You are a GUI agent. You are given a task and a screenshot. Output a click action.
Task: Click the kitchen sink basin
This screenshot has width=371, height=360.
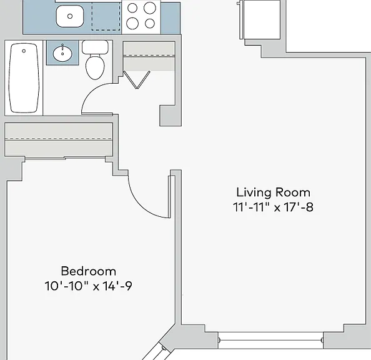tap(70, 16)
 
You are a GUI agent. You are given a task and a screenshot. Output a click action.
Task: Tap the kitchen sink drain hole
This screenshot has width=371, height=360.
tap(70, 16)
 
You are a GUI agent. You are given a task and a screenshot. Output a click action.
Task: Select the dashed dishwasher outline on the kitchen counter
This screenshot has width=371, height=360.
tap(106, 17)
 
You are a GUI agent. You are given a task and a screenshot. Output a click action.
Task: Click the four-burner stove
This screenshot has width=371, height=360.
tap(141, 17)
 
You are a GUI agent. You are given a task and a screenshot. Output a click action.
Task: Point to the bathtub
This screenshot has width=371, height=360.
tap(24, 78)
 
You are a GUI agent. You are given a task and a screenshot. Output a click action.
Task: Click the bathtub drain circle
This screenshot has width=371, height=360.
tap(24, 51)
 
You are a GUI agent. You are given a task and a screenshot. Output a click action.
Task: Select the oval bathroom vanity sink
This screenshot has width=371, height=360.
tap(62, 53)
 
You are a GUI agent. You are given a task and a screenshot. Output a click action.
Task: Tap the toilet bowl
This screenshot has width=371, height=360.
tap(95, 67)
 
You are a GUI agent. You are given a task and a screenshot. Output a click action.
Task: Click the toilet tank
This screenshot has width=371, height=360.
tap(95, 47)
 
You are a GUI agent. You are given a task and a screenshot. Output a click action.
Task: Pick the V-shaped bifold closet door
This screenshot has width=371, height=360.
tap(137, 80)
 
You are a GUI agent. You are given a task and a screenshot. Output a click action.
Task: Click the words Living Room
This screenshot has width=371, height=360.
tap(274, 192)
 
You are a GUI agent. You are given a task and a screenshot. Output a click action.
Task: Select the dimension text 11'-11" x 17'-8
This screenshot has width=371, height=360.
tap(273, 207)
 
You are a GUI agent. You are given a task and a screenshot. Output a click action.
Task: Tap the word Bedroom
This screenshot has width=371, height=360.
tap(89, 271)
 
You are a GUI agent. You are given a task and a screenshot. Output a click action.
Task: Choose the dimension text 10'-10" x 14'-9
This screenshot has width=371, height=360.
tap(88, 286)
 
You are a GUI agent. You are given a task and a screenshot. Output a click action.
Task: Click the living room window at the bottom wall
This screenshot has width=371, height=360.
tap(270, 341)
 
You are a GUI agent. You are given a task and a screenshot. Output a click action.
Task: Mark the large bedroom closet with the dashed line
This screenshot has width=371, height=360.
tap(59, 139)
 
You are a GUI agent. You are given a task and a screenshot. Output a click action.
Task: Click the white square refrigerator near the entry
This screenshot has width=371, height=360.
tap(262, 19)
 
